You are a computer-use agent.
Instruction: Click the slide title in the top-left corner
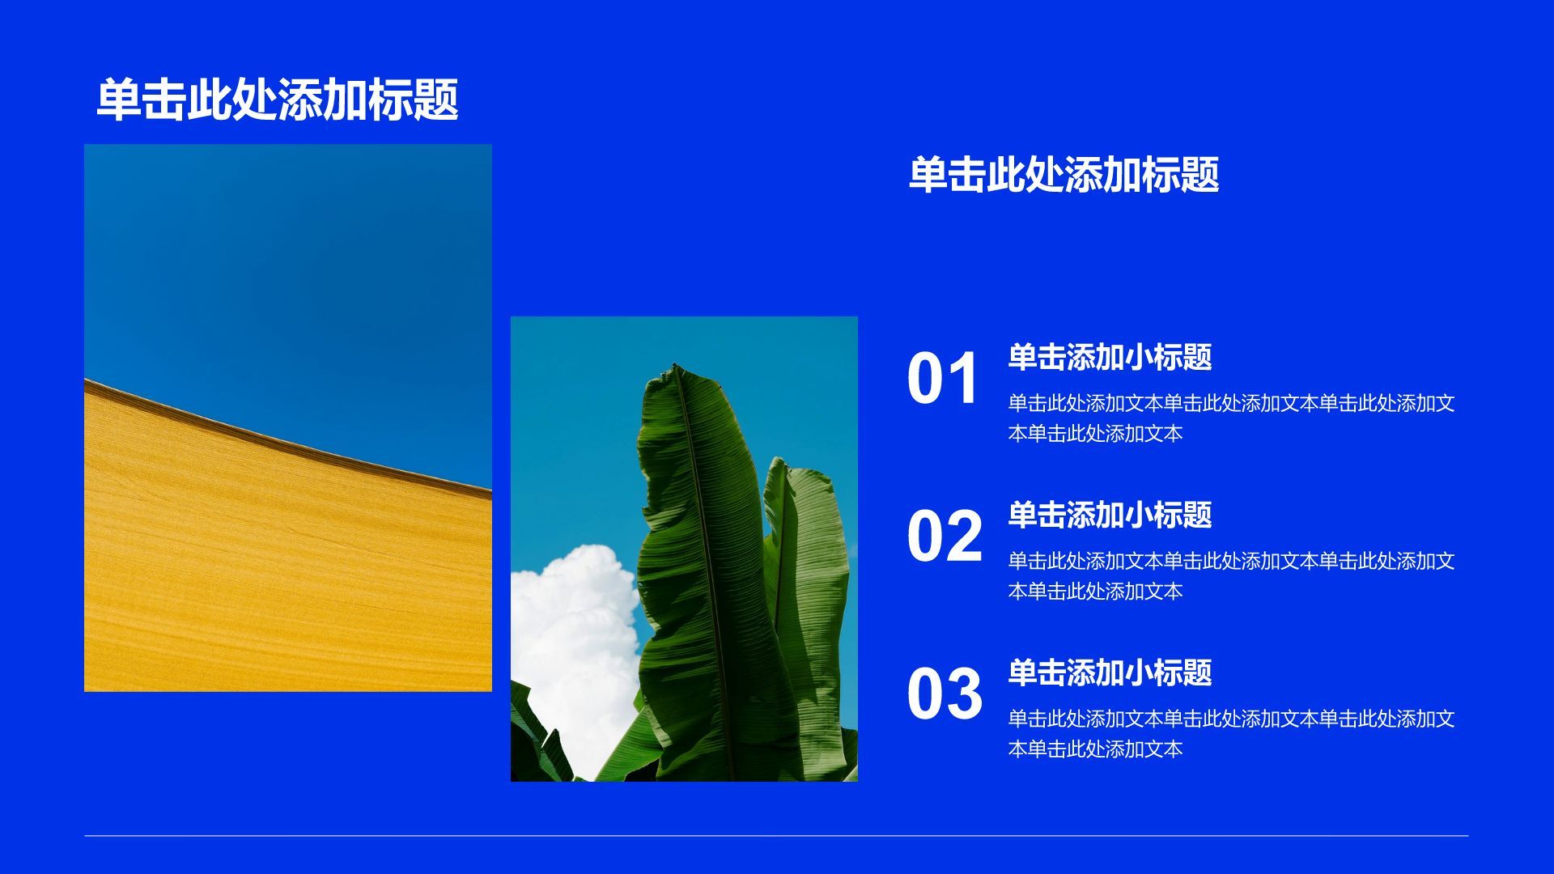pyautogui.click(x=278, y=100)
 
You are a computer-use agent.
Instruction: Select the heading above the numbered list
pyautogui.click(x=1064, y=174)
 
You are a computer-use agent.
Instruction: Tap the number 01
pyautogui.click(x=944, y=379)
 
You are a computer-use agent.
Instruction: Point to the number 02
pyautogui.click(x=945, y=536)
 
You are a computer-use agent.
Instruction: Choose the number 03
pyautogui.click(x=945, y=694)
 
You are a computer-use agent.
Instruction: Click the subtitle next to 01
pyautogui.click(x=1110, y=357)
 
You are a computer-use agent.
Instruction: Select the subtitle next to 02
pyautogui.click(x=1110, y=515)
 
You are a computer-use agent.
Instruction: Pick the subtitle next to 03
pyautogui.click(x=1110, y=672)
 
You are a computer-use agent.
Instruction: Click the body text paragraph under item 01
pyautogui.click(x=1231, y=418)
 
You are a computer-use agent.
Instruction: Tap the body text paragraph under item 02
pyautogui.click(x=1231, y=576)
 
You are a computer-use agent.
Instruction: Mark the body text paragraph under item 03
pyautogui.click(x=1231, y=734)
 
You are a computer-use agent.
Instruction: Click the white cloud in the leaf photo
pyautogui.click(x=576, y=639)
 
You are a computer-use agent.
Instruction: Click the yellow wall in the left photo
pyautogui.click(x=287, y=566)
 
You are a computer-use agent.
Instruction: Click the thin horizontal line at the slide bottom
pyautogui.click(x=776, y=835)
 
